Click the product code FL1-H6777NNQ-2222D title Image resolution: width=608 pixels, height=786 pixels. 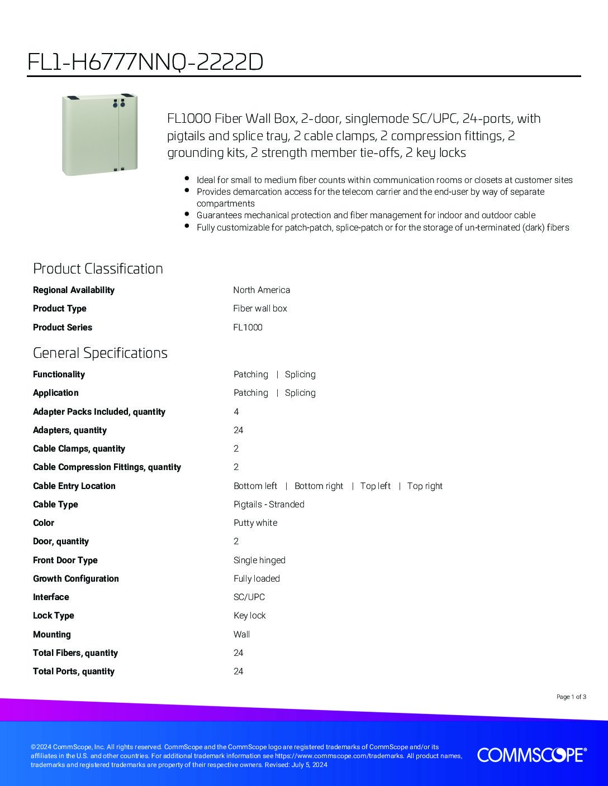145,63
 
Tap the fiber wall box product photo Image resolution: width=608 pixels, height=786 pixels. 99,135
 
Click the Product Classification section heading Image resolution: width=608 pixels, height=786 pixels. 98,269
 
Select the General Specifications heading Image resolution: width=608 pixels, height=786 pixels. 100,353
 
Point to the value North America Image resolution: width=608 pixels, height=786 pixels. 262,290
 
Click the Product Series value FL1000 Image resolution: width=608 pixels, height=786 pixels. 248,327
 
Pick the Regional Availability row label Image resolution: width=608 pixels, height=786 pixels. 74,290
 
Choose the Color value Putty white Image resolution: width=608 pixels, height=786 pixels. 255,523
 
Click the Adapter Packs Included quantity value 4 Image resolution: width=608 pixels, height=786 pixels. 236,411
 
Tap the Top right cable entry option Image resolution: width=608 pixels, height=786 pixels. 425,486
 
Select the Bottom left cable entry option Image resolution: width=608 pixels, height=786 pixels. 255,486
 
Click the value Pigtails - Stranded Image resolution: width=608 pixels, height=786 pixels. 269,504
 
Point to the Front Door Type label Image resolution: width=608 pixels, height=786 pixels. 65,560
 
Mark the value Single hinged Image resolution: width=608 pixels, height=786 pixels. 259,560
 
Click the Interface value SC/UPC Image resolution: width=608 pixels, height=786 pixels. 249,597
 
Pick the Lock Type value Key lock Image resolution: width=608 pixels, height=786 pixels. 249,615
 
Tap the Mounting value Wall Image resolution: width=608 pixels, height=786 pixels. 242,634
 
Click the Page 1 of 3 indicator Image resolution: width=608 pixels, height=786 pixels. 571,697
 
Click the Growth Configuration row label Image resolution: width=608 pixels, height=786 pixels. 76,578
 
